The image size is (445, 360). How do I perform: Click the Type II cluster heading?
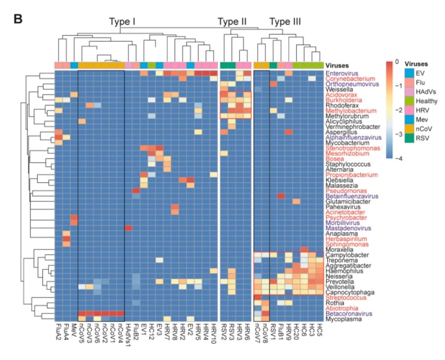(232, 22)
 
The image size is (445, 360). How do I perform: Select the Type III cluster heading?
(285, 22)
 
